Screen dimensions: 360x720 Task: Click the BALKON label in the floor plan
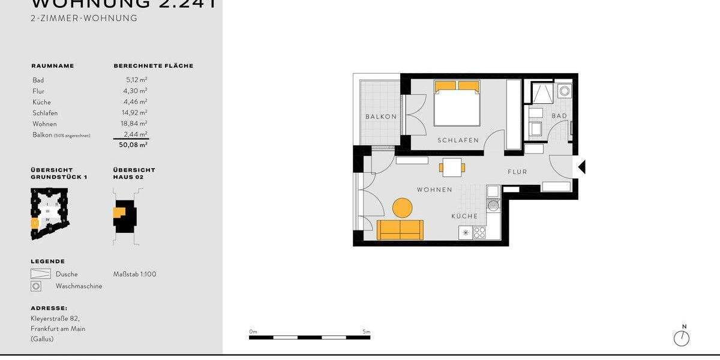381,117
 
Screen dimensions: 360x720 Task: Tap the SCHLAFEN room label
458,140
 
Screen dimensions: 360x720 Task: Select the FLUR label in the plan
517,172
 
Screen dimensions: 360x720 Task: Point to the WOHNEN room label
434,190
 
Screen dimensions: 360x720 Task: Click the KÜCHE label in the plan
464,216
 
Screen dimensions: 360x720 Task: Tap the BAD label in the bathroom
559,116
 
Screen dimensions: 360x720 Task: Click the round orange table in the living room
402,208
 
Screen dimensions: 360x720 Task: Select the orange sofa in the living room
400,230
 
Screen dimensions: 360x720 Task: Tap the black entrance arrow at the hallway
581,167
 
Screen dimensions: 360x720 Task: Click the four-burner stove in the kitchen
479,232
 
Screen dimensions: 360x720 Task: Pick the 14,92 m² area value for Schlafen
135,113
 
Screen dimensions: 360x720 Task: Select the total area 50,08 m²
133,145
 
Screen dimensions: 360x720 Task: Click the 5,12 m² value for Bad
136,80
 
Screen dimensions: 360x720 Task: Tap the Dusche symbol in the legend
40,274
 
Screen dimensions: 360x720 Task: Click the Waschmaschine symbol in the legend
37,286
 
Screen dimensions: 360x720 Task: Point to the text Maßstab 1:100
134,274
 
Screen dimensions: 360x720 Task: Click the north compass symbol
681,338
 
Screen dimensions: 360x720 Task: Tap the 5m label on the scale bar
366,332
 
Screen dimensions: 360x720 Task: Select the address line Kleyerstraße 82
55,319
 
